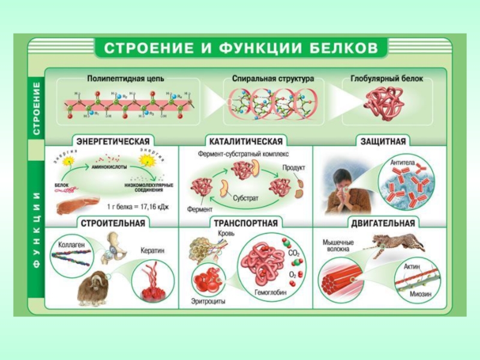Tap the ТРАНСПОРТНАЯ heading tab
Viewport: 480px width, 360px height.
[x=246, y=224]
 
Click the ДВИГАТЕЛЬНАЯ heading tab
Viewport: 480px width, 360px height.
[x=383, y=224]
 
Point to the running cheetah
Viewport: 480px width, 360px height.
[x=393, y=244]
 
